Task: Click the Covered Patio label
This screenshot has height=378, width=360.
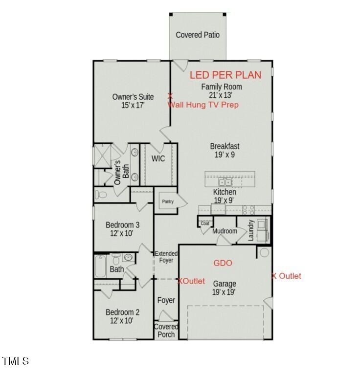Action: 198,35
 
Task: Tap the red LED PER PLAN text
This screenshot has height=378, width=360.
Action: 225,75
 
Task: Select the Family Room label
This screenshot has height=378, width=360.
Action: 222,91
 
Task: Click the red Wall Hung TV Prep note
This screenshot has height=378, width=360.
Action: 203,105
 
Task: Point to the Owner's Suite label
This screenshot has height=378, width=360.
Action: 133,101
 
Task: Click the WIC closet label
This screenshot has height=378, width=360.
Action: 158,158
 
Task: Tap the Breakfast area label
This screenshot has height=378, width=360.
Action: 225,150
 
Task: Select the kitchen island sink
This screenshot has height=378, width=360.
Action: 225,182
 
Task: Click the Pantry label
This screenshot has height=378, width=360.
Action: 168,201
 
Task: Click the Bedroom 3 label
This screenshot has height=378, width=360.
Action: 123,229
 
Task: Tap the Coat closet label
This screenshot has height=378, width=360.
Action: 204,223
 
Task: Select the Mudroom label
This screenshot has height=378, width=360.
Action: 225,231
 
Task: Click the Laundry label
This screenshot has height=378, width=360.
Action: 250,229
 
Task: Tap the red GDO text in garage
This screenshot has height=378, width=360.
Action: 223,263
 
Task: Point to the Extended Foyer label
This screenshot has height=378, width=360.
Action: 166,257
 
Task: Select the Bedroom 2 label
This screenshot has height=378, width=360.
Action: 123,316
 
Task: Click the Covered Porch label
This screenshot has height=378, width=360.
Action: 166,331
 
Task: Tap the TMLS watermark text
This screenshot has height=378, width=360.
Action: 16,361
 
